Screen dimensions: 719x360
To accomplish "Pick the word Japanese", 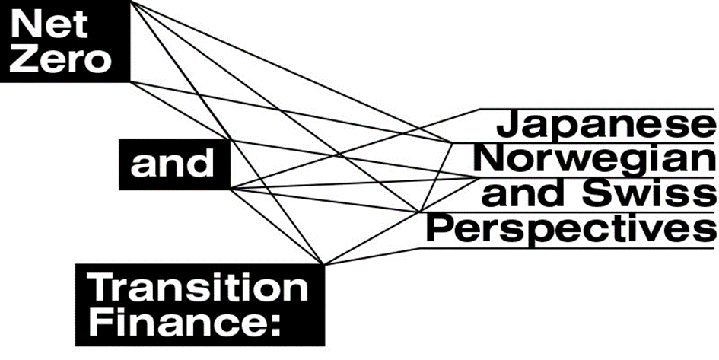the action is (606, 126).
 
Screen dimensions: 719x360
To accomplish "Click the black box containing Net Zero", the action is (65, 43).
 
